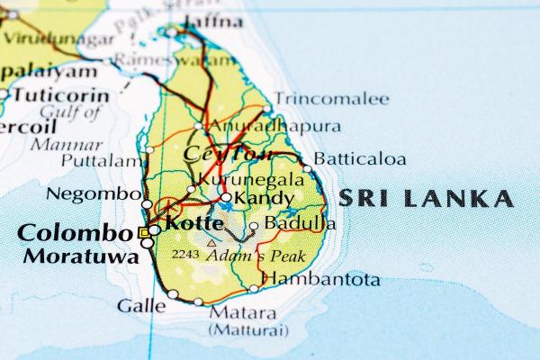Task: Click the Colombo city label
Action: click(75, 232)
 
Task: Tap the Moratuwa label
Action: click(81, 256)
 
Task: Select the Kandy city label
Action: click(264, 198)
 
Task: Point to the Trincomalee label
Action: click(332, 99)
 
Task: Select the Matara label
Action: click(243, 313)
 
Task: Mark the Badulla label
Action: click(300, 224)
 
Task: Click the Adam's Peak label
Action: click(256, 256)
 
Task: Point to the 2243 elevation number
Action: click(185, 255)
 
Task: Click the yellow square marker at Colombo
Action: click(143, 232)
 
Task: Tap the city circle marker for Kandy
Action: click(225, 198)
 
